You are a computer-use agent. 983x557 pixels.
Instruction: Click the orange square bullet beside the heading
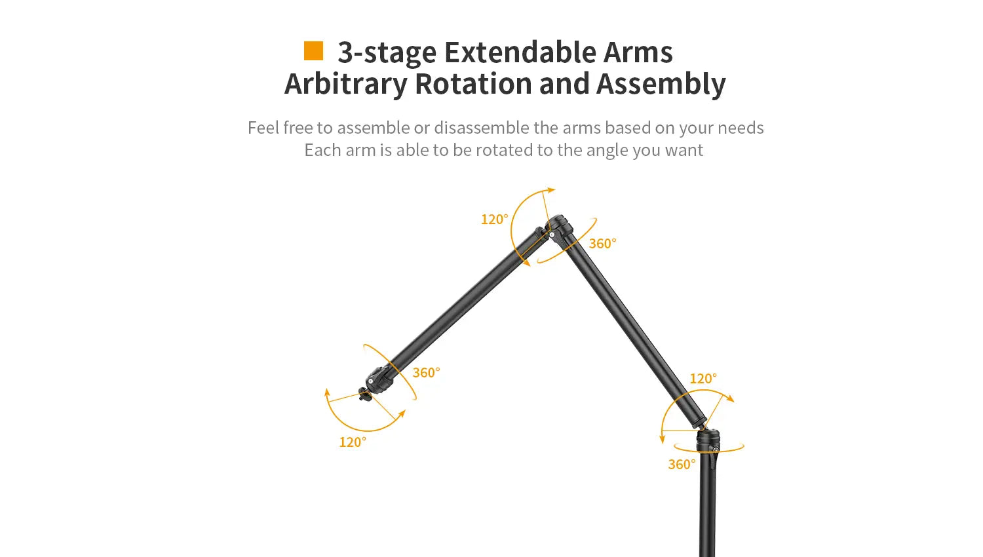pyautogui.click(x=313, y=51)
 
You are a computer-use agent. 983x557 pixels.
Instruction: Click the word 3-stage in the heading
pyautogui.click(x=387, y=52)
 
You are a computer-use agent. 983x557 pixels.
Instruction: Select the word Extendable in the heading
pyautogui.click(x=520, y=52)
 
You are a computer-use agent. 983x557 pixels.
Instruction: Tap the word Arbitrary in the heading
pyautogui.click(x=346, y=85)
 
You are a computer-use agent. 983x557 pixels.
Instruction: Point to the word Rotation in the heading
pyautogui.click(x=473, y=83)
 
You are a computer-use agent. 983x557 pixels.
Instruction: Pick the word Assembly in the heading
pyautogui.click(x=661, y=85)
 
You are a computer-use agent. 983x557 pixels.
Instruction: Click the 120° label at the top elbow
pyautogui.click(x=495, y=219)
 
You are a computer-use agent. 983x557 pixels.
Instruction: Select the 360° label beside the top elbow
pyautogui.click(x=602, y=243)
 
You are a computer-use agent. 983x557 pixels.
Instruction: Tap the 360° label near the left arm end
pyautogui.click(x=426, y=372)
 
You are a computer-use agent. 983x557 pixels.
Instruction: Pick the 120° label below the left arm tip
pyautogui.click(x=353, y=442)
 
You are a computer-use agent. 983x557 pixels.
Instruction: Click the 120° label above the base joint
pyautogui.click(x=703, y=378)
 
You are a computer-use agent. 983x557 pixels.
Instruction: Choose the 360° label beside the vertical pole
pyautogui.click(x=682, y=464)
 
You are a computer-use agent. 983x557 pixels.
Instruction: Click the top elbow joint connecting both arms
pyautogui.click(x=556, y=228)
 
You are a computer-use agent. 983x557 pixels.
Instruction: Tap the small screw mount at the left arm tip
pyautogui.click(x=364, y=394)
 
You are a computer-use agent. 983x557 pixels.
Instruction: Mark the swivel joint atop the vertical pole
pyautogui.click(x=708, y=440)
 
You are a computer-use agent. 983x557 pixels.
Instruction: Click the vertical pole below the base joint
pyautogui.click(x=707, y=505)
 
